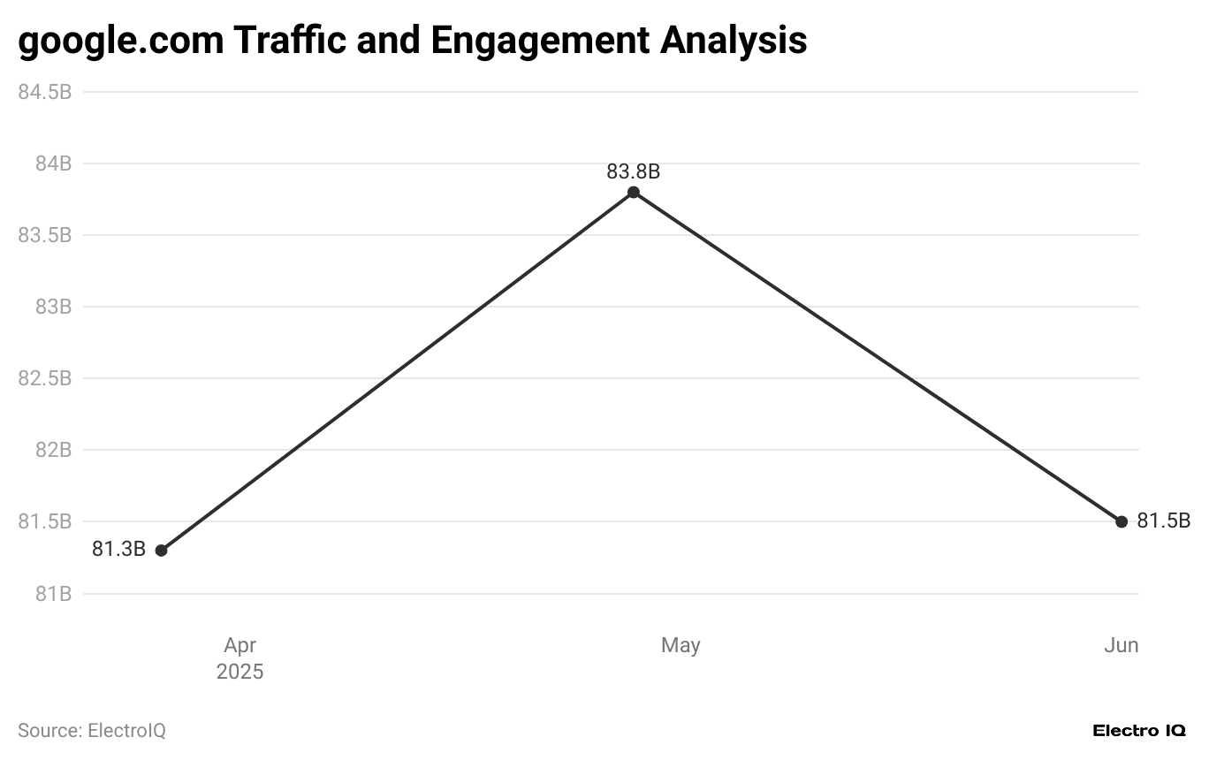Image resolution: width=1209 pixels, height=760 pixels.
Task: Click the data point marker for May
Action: point(634,193)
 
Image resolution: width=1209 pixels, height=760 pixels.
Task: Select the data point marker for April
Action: point(161,551)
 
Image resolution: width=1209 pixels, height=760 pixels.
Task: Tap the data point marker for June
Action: point(1122,521)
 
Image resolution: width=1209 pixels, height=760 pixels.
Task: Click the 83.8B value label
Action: point(633,171)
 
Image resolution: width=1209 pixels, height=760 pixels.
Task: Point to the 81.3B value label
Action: point(118,550)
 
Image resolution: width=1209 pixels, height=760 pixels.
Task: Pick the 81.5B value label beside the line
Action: point(1163,521)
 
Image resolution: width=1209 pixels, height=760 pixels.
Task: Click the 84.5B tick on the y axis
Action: point(45,92)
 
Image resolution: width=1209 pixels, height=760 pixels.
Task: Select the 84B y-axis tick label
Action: point(53,163)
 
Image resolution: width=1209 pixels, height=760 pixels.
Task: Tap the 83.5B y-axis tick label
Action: point(45,235)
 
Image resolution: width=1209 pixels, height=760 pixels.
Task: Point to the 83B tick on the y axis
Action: point(53,307)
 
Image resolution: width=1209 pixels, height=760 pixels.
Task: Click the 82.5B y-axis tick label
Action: point(45,378)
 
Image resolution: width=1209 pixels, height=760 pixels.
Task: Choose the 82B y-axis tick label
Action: point(53,450)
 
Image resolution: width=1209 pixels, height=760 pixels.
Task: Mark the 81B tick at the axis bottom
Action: point(53,593)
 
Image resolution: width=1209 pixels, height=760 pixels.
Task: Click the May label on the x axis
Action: point(681,646)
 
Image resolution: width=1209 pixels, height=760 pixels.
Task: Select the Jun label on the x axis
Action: point(1121,646)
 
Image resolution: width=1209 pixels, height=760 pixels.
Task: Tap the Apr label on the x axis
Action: point(240,646)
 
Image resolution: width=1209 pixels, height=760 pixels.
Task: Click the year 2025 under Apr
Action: point(240,672)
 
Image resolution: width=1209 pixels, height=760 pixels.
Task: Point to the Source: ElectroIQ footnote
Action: point(92,731)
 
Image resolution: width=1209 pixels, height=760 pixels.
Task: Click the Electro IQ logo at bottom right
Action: point(1139,731)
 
